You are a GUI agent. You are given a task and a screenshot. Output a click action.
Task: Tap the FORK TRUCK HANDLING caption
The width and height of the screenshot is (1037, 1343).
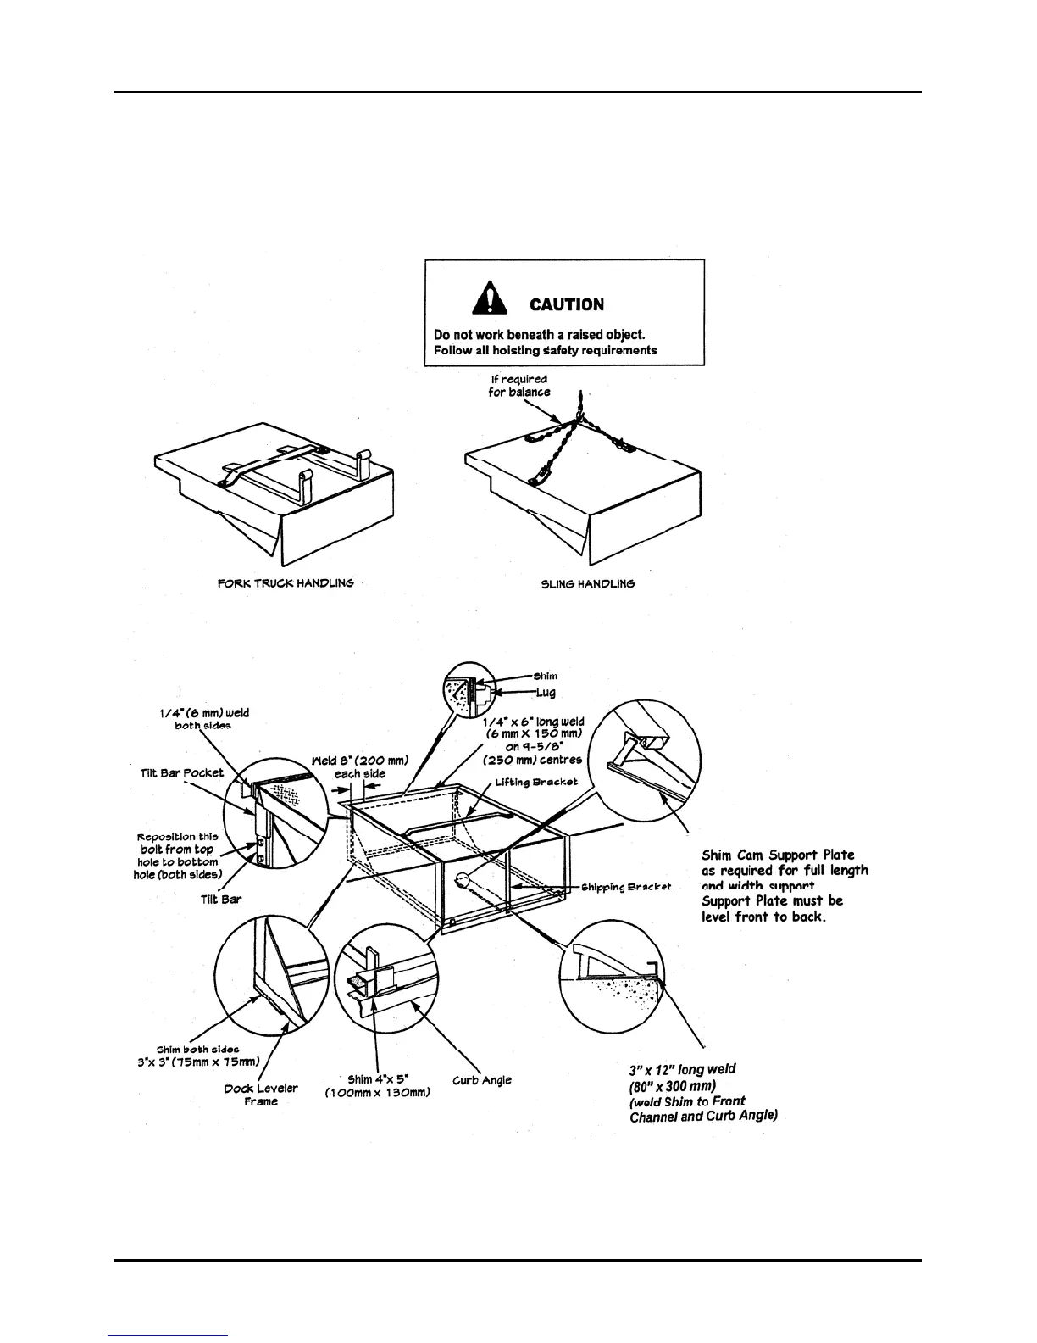click(x=285, y=584)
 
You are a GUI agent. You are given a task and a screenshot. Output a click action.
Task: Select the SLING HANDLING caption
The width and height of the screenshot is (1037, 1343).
click(x=587, y=584)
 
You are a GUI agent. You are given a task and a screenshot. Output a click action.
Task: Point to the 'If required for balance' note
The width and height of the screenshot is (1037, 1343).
click(x=519, y=386)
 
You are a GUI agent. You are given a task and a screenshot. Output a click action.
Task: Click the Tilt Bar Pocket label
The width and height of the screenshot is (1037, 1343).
click(x=182, y=773)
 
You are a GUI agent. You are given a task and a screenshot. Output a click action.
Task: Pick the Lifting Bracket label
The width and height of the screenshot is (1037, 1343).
click(x=537, y=781)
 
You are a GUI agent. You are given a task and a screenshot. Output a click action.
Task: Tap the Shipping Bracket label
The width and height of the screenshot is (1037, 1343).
click(x=626, y=887)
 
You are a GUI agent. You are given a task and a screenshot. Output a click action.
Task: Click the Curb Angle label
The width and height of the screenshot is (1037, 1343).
click(x=481, y=1080)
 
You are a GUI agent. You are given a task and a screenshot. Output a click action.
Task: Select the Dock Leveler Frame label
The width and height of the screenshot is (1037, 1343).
click(x=261, y=1094)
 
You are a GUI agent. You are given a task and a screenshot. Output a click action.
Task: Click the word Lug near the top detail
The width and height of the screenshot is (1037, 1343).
click(x=546, y=694)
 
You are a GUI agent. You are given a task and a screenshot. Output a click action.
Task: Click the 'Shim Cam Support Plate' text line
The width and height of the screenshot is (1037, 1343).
click(x=778, y=855)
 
